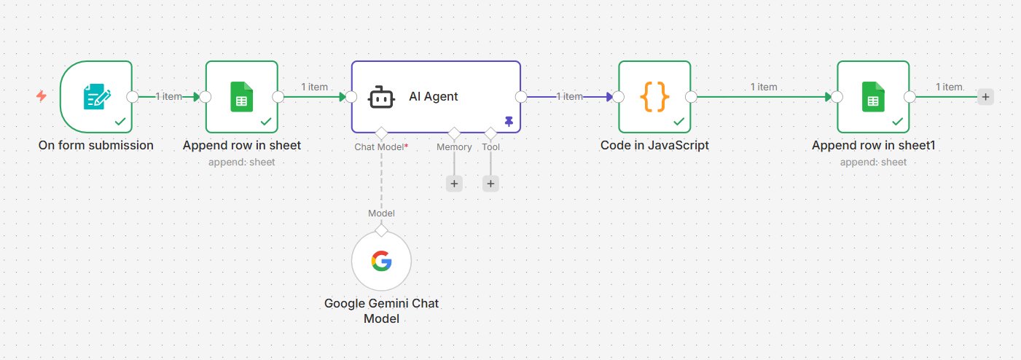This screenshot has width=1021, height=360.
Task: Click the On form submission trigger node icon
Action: coord(97,96)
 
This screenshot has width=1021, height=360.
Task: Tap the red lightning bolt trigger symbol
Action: coord(42,95)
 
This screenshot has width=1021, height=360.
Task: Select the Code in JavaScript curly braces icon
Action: coord(654,97)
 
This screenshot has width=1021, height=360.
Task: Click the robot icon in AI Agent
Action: coord(381,97)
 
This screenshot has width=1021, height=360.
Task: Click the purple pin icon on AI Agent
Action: coord(509,121)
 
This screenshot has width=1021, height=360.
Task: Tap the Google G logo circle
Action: coord(381,261)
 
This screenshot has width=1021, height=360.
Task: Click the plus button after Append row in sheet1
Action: coord(985,97)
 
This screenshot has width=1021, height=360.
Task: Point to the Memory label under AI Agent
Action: coord(454,146)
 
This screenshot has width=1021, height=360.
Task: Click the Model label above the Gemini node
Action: coord(381,214)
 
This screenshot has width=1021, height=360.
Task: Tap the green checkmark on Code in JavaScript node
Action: coord(678,121)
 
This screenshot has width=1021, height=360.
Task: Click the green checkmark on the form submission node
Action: coord(120,121)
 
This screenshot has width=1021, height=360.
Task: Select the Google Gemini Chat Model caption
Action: coord(381,310)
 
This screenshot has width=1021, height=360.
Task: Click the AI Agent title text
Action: coord(434,96)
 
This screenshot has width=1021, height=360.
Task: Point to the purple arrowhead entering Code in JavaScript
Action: coord(609,97)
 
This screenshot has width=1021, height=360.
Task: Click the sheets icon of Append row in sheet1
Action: coord(873,97)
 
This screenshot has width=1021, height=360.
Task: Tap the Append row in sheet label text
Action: coord(241,145)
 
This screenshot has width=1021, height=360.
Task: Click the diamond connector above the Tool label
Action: coord(490,133)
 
